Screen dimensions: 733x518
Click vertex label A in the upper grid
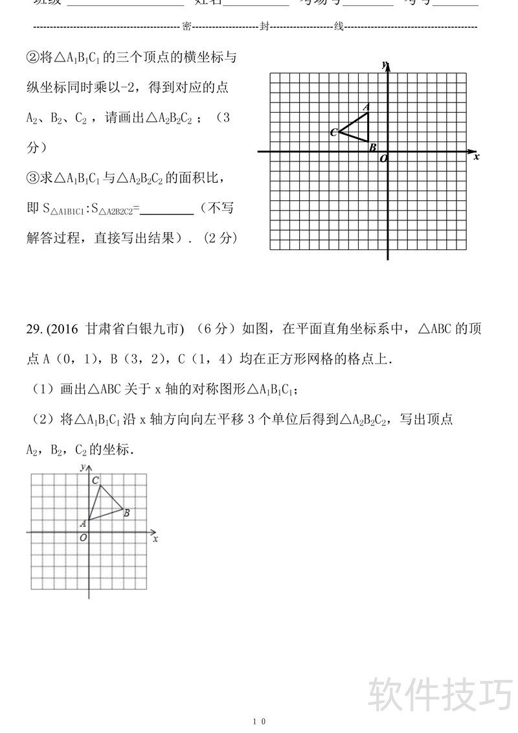coord(366,107)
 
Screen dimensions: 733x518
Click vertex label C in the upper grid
coord(333,133)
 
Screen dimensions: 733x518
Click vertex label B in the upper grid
coord(372,148)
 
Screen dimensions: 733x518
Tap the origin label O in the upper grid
coord(383,158)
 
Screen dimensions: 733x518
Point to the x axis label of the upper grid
coord(476,157)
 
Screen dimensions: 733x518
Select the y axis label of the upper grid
coord(384,65)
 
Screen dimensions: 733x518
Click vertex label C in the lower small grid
coord(95,480)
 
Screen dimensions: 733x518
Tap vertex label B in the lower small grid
coord(126,513)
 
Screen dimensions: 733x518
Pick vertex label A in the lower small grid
coord(83,523)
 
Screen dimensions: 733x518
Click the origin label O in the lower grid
coord(83,537)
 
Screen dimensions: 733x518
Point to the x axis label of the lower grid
coord(155,538)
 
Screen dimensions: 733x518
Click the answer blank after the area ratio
coord(167,209)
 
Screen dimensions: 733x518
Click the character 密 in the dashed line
coord(186,27)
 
